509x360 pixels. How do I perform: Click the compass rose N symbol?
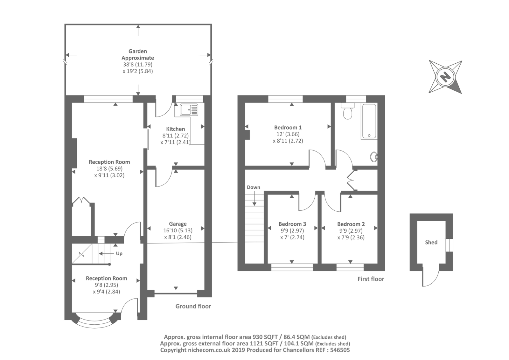445,77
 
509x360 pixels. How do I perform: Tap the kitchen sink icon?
189,109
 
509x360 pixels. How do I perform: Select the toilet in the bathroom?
347,111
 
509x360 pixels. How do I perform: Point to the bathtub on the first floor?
369,121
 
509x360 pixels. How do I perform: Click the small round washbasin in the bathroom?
374,157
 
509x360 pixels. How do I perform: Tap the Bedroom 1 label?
288,127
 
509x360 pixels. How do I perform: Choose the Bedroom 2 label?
351,224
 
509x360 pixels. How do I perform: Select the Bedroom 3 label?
292,224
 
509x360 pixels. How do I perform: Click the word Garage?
178,224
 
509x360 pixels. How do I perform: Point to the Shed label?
431,243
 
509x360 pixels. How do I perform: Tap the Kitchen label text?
175,129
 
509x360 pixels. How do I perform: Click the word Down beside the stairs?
253,187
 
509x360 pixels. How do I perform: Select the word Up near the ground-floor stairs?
119,254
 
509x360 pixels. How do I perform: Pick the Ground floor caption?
193,306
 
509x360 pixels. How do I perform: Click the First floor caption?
371,279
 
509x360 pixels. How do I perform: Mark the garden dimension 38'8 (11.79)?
138,64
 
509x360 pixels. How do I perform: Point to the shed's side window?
449,245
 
